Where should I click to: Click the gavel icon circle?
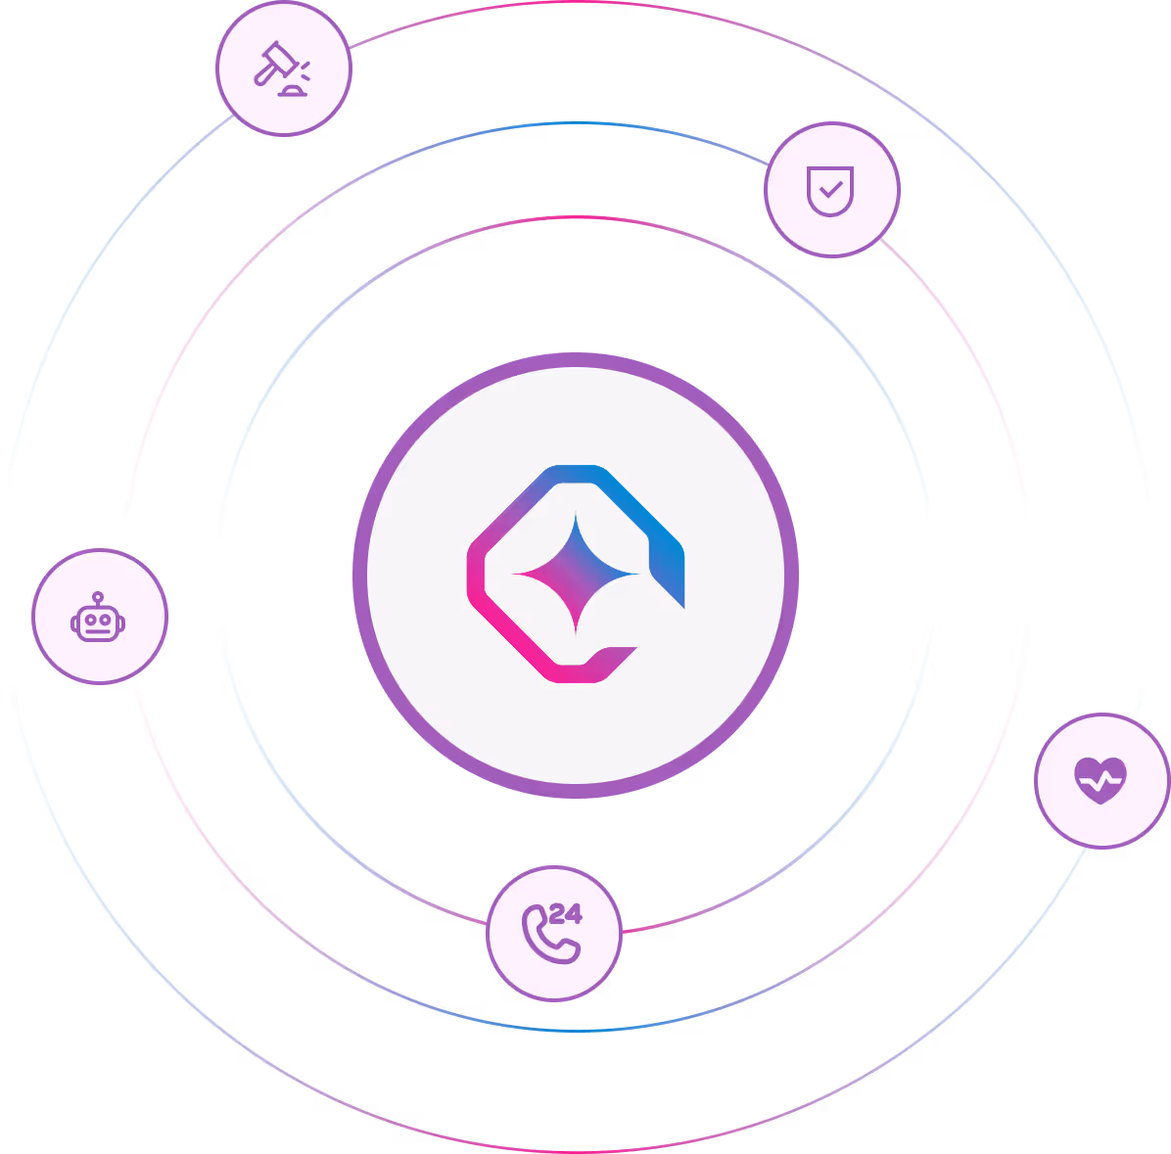tap(284, 69)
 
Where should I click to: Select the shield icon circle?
tap(832, 190)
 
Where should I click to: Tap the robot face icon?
tap(98, 618)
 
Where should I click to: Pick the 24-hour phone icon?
tap(552, 933)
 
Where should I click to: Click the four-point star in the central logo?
tap(575, 574)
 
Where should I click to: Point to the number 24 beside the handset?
tap(565, 913)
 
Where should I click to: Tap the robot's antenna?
tap(98, 599)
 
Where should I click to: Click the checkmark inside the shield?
tap(831, 189)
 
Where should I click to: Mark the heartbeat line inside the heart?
tap(1101, 781)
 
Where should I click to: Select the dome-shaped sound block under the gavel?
tap(292, 91)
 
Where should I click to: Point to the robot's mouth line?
tap(98, 631)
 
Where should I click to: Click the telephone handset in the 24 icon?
tap(550, 935)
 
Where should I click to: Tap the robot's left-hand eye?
tap(90, 620)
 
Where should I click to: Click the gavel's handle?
tap(265, 74)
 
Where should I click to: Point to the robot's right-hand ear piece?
tap(121, 623)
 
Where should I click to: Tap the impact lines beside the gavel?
tap(305, 70)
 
